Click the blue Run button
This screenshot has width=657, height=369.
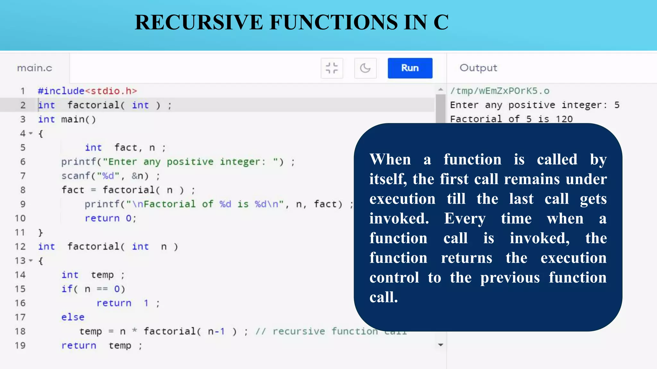(410, 68)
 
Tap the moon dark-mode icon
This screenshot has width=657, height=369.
(365, 68)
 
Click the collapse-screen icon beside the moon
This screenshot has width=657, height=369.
(332, 68)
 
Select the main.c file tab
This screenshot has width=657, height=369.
(34, 68)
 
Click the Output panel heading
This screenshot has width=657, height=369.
(478, 68)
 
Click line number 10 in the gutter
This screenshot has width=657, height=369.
(20, 218)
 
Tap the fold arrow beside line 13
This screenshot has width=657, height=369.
(31, 261)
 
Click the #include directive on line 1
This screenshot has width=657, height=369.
(61, 91)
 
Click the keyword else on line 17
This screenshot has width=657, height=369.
(73, 317)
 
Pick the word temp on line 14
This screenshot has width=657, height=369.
(102, 275)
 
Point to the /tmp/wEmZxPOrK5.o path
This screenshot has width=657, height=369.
(499, 91)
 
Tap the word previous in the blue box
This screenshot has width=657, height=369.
(510, 277)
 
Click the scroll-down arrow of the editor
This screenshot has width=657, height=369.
(441, 345)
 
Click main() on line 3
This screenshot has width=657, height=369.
(78, 119)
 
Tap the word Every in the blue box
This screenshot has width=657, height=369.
(465, 218)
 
